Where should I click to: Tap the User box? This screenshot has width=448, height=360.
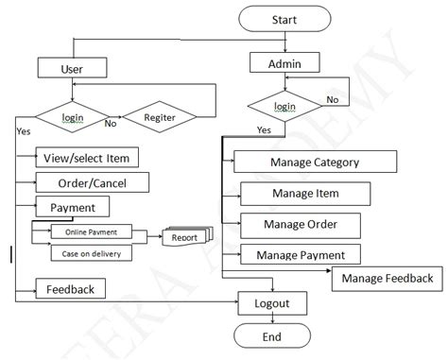pyautogui.click(x=72, y=68)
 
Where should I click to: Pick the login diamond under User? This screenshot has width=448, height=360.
pyautogui.click(x=73, y=117)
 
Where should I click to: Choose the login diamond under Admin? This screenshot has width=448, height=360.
pyautogui.click(x=284, y=107)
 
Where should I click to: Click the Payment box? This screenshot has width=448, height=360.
pyautogui.click(x=72, y=206)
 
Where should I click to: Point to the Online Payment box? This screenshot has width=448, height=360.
pyautogui.click(x=93, y=232)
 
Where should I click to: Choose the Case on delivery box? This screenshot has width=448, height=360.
pyautogui.click(x=91, y=253)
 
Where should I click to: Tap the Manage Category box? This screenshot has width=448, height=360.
pyautogui.click(x=314, y=162)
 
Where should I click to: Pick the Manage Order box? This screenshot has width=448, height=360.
pyautogui.click(x=302, y=225)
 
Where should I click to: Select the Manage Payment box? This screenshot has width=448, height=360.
pyautogui.click(x=306, y=254)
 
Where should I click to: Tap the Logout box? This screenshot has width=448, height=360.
pyautogui.click(x=272, y=303)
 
